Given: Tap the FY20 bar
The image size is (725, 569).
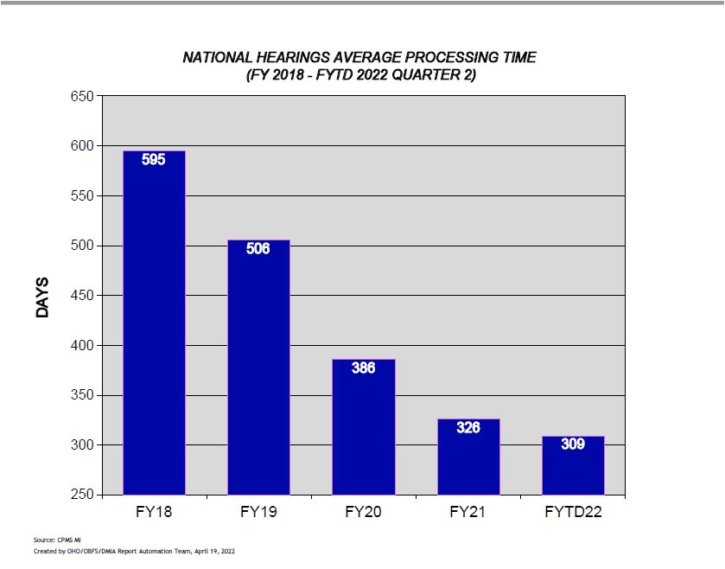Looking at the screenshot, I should point(363,427).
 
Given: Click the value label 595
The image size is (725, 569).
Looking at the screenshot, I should point(154,159).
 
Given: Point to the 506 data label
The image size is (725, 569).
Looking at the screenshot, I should point(258,249).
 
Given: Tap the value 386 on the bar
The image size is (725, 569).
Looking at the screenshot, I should point(363,368).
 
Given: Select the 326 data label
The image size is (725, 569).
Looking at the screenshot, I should point(468,427).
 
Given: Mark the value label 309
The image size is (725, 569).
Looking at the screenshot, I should point(573,444).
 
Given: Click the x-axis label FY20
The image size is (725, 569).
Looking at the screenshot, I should point(363,512).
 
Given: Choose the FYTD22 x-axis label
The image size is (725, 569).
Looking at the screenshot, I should point(573,512).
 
